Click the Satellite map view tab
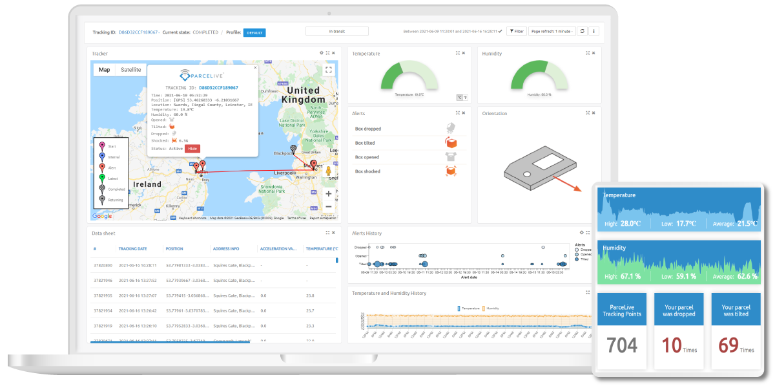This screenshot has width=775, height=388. (130, 70)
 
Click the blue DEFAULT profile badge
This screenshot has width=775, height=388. (254, 32)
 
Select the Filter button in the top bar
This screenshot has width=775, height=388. (516, 31)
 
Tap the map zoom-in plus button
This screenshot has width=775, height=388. (329, 193)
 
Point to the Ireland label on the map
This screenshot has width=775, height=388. (147, 184)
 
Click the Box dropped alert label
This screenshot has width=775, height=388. (367, 129)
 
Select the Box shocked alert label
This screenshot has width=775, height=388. (367, 171)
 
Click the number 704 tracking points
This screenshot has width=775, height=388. (622, 346)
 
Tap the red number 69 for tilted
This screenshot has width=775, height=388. (728, 346)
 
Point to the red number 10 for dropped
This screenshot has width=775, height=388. (672, 346)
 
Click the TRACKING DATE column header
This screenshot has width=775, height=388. (132, 248)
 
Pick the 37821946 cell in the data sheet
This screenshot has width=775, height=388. (103, 281)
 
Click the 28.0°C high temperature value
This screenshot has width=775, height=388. (630, 223)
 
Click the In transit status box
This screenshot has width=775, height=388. (336, 31)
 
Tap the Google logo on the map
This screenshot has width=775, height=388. (101, 217)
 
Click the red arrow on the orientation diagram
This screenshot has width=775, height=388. (572, 184)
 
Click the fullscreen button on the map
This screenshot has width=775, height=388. (329, 70)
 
